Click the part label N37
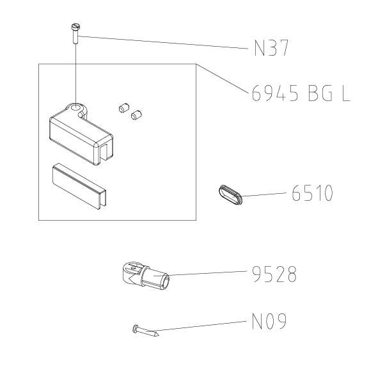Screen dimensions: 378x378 [x=271, y=48]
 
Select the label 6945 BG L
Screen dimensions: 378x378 [x=301, y=93]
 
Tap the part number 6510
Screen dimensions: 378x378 [x=312, y=193]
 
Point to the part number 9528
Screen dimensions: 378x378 [x=274, y=274]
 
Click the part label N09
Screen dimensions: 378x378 [x=269, y=321]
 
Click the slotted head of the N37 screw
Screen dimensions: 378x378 [x=76, y=26]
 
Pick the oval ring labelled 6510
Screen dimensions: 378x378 [x=230, y=195]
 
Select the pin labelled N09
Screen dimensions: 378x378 [x=146, y=331]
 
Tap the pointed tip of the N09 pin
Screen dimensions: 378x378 [x=159, y=335]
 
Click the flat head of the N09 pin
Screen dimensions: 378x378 [x=136, y=329]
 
